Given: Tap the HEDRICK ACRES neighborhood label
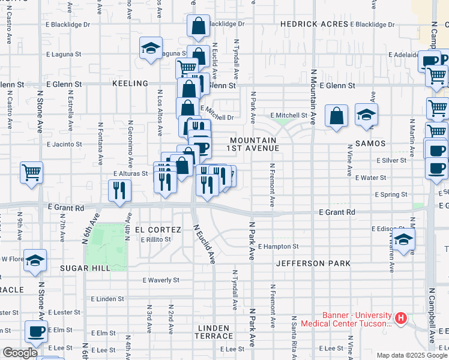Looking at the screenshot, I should pyautogui.click(x=315, y=24).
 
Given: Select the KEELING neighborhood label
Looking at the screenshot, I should pyautogui.click(x=130, y=83).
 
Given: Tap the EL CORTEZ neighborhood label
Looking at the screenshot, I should pyautogui.click(x=158, y=230).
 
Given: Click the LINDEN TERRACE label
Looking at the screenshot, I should pyautogui.click(x=212, y=332).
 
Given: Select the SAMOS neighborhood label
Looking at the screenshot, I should pyautogui.click(x=369, y=144).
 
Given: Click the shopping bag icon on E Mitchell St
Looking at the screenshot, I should pyautogui.click(x=337, y=115).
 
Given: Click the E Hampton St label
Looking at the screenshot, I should pyautogui.click(x=278, y=247).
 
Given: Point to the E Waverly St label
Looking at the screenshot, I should pyautogui.click(x=161, y=280).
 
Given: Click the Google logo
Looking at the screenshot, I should pyautogui.click(x=20, y=353).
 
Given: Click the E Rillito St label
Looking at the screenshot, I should pyautogui.click(x=155, y=239).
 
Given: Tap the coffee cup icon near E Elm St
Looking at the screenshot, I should pyautogui.click(x=36, y=331).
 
